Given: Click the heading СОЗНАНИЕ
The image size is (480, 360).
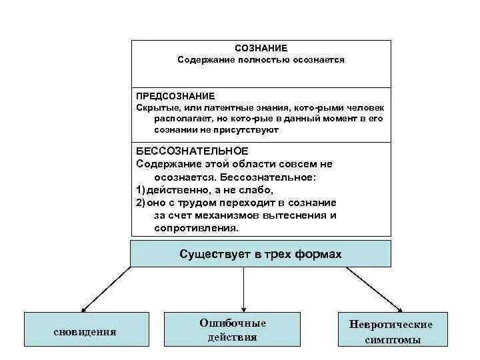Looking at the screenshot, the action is [x=261, y=48].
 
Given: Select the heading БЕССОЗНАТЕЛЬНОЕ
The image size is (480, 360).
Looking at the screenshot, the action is [x=183, y=151].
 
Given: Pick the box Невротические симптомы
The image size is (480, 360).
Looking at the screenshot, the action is [x=391, y=331].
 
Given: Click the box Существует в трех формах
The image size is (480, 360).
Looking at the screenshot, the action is [x=261, y=254].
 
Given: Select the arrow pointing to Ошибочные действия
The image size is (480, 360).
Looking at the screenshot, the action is [x=243, y=289].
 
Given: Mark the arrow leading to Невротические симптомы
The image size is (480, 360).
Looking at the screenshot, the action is [x=373, y=289].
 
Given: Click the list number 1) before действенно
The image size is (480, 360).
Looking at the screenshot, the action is [x=140, y=189].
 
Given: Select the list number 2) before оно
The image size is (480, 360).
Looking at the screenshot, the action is [x=140, y=202].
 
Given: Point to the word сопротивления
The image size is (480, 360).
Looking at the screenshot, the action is [x=196, y=227].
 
